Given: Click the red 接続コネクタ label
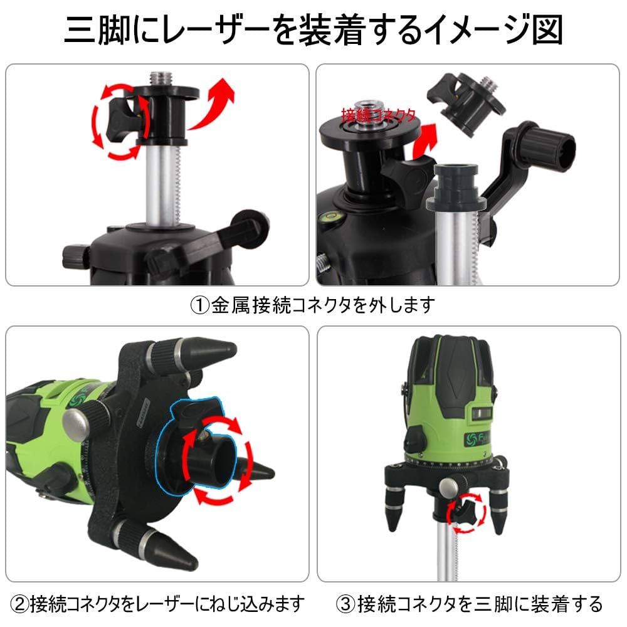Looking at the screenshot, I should pos(378,115).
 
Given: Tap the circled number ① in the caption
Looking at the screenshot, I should pos(199,305).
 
